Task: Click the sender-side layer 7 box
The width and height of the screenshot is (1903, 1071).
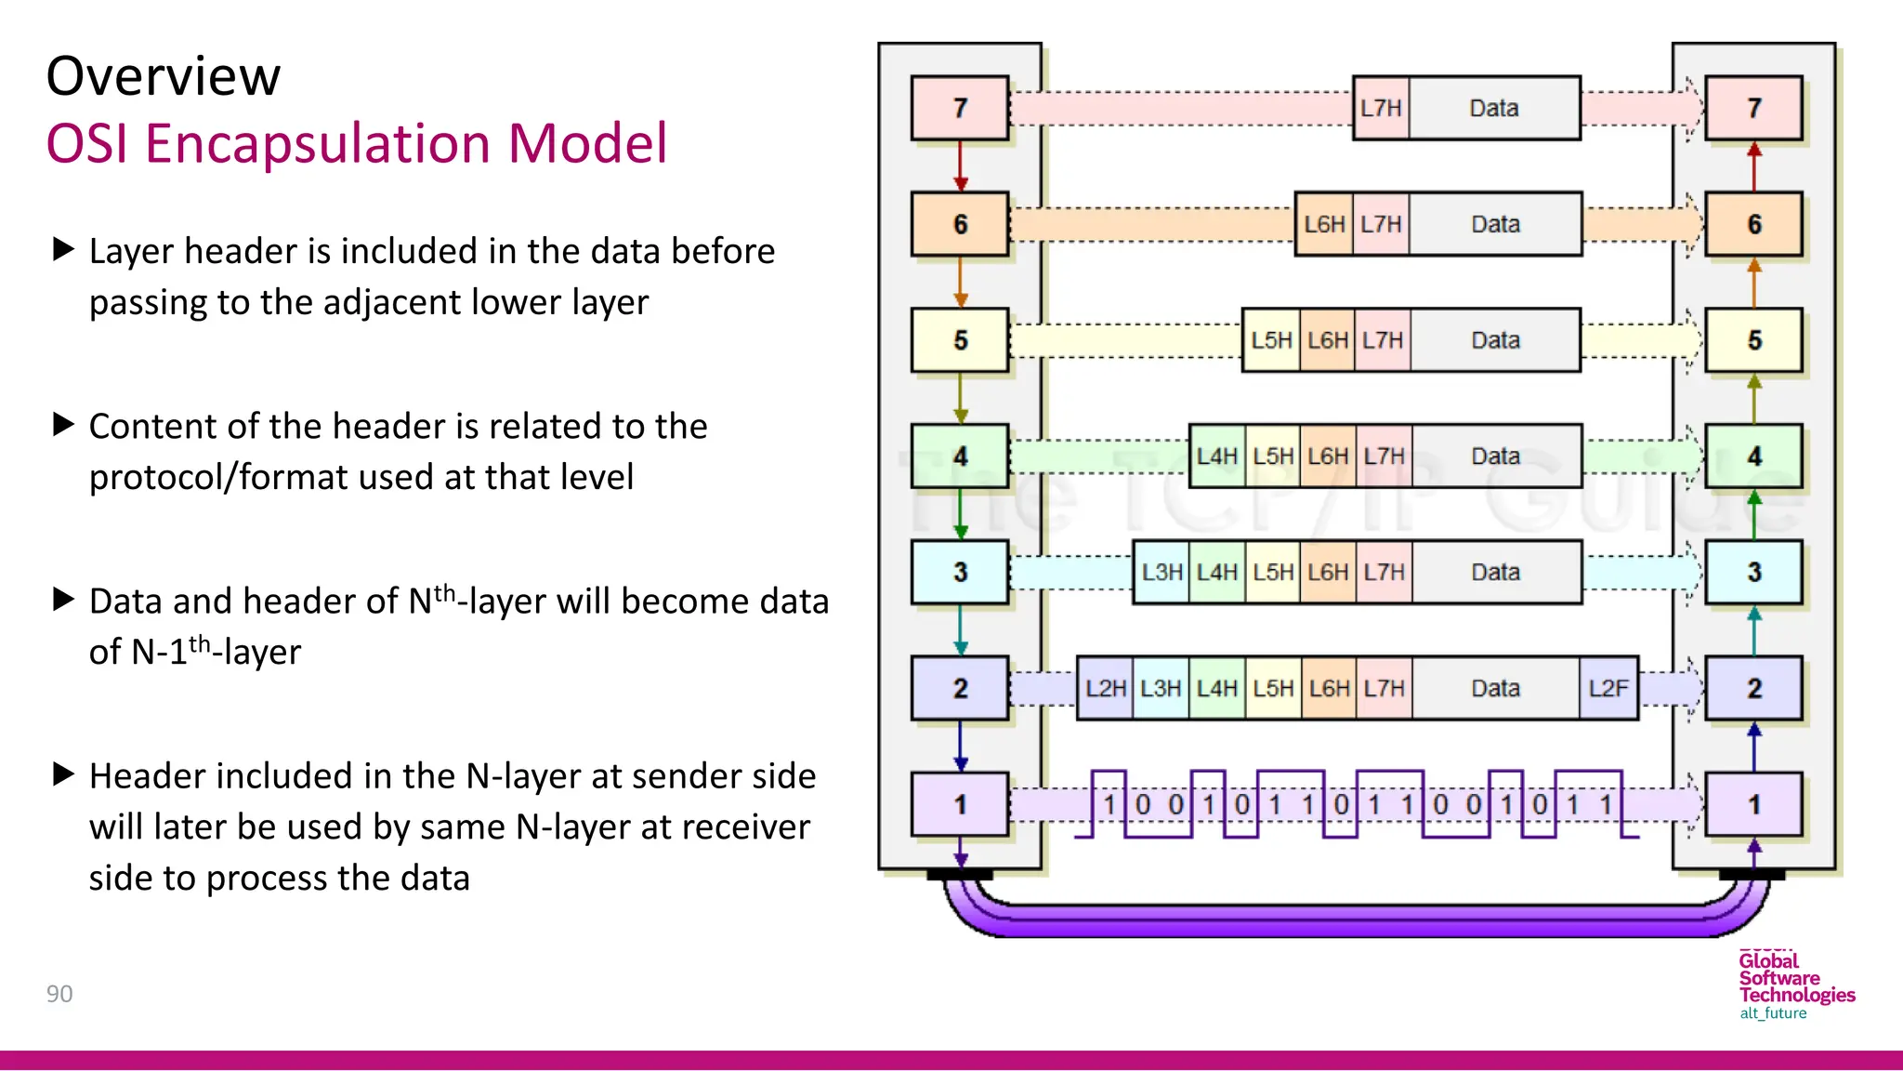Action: click(x=960, y=108)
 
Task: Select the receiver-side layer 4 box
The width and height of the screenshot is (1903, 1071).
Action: click(x=1753, y=456)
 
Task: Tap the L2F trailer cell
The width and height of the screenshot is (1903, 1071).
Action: click(x=1608, y=689)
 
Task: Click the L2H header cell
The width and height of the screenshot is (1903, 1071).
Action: click(x=1105, y=689)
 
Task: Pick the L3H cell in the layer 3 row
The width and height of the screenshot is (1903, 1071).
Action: click(x=1161, y=573)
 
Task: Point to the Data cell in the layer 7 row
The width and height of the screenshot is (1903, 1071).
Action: click(x=1493, y=108)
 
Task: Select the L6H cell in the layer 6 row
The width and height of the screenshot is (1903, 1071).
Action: click(x=1324, y=224)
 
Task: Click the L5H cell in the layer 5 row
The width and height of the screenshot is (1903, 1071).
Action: click(x=1271, y=340)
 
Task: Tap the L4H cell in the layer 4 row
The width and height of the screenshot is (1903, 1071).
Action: click(x=1216, y=456)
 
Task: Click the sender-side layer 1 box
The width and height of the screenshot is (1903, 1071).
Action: click(x=960, y=804)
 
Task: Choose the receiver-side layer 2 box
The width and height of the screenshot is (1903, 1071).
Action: click(x=1753, y=689)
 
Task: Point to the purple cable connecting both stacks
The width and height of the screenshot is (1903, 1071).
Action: click(x=1357, y=919)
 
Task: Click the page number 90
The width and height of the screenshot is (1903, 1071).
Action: click(x=59, y=994)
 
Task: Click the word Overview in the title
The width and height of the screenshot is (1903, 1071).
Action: click(x=164, y=76)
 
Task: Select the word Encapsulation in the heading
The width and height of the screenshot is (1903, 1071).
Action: click(x=316, y=144)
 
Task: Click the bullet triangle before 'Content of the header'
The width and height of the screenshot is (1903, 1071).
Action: click(x=63, y=425)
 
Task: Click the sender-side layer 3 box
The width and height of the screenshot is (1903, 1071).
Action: click(x=960, y=573)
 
